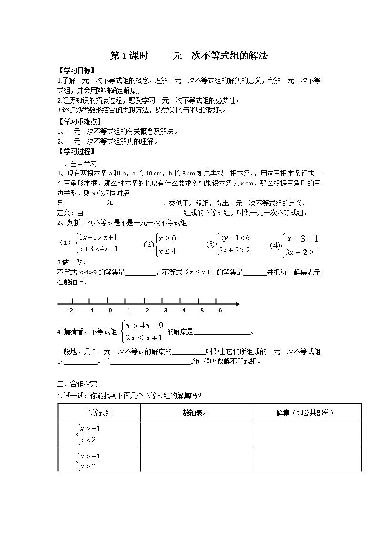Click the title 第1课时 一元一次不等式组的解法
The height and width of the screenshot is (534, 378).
pos(189,56)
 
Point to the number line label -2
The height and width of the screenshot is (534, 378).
pos(70,311)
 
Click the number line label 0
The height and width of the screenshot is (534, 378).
pos(110,311)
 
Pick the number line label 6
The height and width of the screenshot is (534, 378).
pos(220,311)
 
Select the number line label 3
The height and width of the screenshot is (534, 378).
pos(166,311)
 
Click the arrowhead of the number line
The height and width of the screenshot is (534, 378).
pos(238,304)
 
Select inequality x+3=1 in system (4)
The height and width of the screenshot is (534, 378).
pos(302,239)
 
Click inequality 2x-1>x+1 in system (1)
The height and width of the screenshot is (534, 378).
pos(98,237)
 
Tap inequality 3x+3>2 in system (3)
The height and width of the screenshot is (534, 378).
pos(234,250)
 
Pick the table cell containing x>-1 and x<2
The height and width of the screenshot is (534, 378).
pos(99,434)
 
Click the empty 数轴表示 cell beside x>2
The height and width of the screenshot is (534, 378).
pos(196,459)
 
